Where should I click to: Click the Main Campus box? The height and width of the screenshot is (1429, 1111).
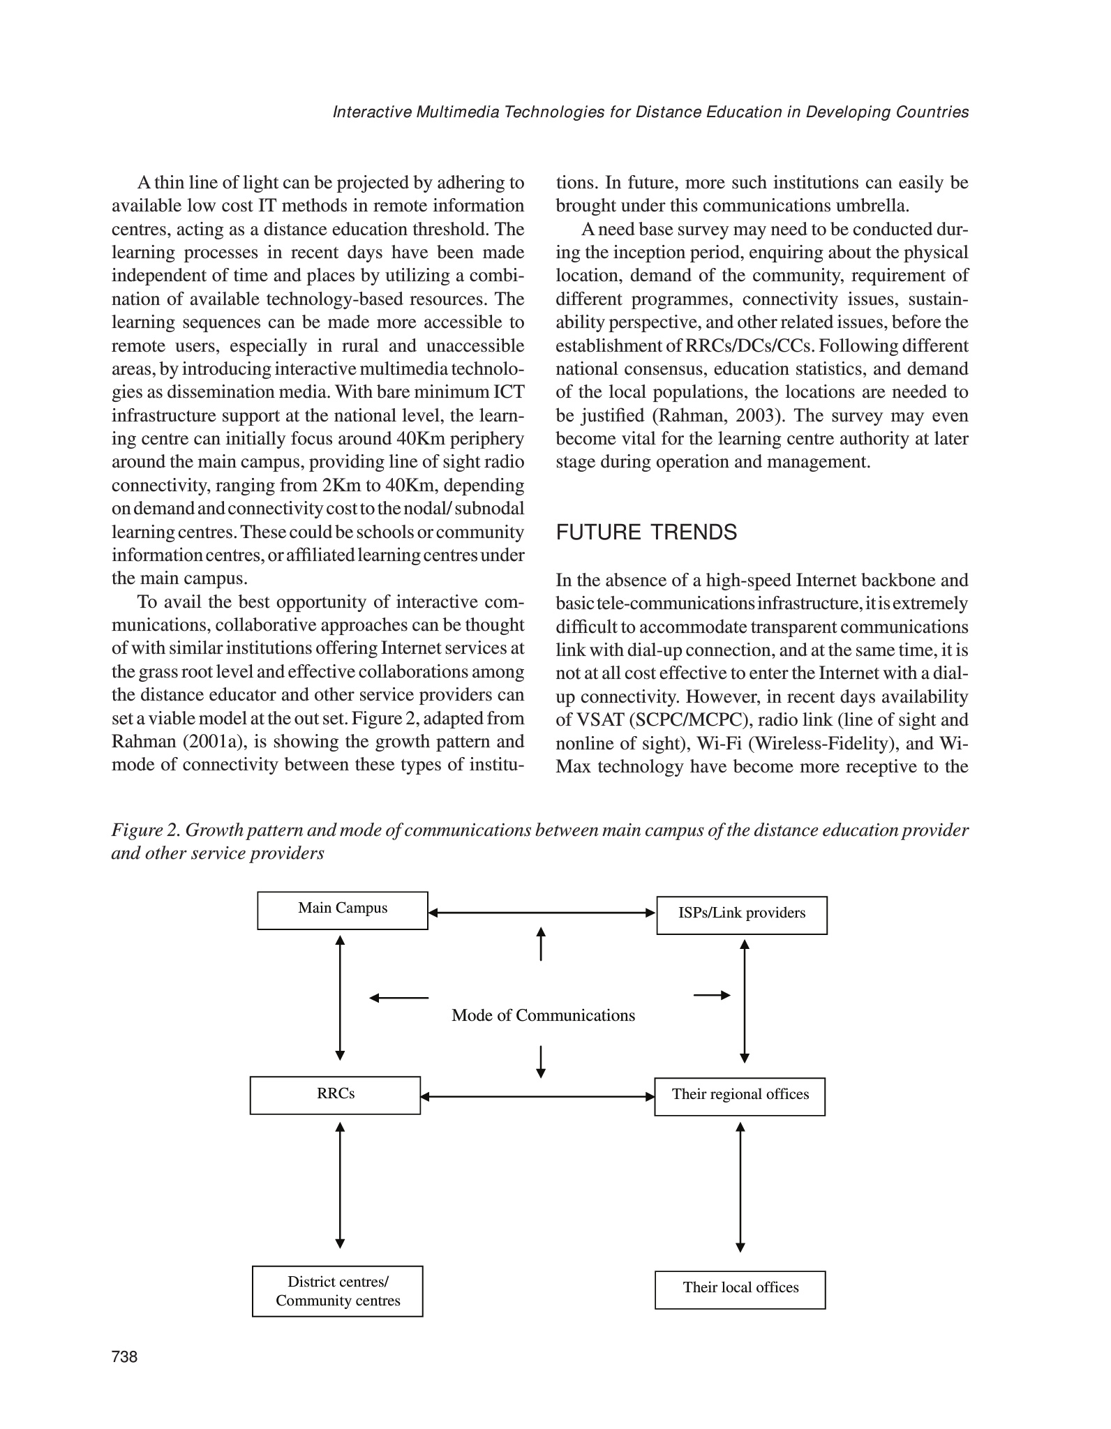tap(342, 910)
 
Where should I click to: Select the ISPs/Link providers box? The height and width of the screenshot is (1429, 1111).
tap(742, 915)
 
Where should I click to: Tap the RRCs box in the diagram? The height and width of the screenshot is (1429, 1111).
tap(335, 1095)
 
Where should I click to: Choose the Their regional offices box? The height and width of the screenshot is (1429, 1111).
tap(740, 1096)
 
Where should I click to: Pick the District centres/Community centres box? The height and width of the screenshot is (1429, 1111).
tap(338, 1291)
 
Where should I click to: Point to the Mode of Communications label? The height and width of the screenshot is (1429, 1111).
tap(543, 1015)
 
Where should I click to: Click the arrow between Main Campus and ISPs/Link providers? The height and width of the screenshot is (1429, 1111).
tap(542, 912)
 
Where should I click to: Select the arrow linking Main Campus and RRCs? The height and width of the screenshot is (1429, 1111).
tap(340, 998)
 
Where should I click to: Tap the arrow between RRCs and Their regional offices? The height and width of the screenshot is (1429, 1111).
tap(537, 1096)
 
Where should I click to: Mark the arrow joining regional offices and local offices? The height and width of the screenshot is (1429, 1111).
tap(740, 1187)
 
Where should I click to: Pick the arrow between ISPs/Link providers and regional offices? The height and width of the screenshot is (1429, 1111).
tap(745, 1001)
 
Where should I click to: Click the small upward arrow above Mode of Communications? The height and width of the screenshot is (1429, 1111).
tap(541, 943)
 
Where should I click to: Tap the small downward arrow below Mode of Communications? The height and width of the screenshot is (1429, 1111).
tap(541, 1061)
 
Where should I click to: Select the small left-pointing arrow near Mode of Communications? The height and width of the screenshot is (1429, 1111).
tap(398, 998)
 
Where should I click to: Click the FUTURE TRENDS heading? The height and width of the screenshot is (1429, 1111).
tap(646, 532)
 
